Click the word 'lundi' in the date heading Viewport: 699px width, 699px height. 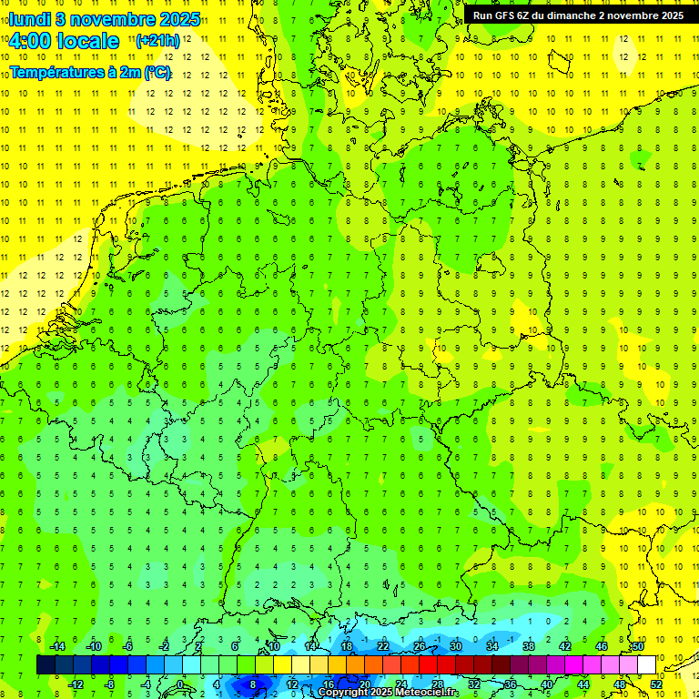pyautogui.click(x=28, y=19)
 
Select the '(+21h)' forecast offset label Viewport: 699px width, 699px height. pyautogui.click(x=157, y=41)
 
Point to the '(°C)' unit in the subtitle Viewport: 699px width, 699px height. pyautogui.click(x=157, y=73)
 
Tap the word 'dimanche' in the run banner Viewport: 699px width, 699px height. pyautogui.click(x=570, y=15)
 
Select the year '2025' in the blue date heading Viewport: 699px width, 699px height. pyautogui.click(x=178, y=19)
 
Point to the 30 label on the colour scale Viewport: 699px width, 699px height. pyautogui.click(x=456, y=646)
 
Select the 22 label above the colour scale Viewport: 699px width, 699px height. pyautogui.click(x=383, y=646)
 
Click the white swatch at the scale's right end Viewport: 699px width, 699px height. pyautogui.click(x=646, y=664)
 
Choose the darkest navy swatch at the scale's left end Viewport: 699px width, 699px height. pyautogui.click(x=46, y=664)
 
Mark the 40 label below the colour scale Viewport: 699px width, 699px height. pyautogui.click(x=547, y=684)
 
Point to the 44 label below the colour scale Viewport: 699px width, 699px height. pyautogui.click(x=583, y=684)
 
